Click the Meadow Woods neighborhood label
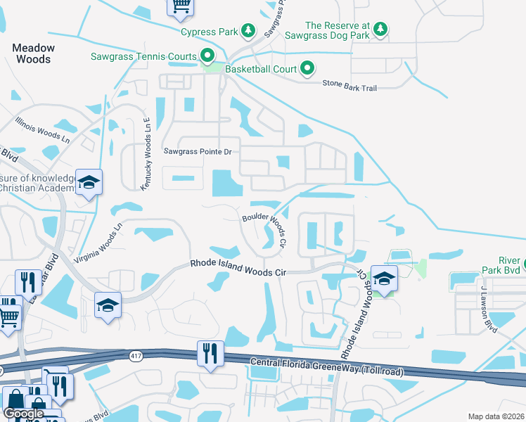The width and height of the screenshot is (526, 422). click(x=34, y=53)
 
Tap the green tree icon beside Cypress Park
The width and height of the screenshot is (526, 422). click(x=247, y=30)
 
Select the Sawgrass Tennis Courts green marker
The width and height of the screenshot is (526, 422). click(x=207, y=55)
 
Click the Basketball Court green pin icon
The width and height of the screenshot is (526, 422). click(x=307, y=68)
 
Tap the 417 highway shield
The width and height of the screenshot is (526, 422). click(x=134, y=357)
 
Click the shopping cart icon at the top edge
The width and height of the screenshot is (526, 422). click(x=180, y=6)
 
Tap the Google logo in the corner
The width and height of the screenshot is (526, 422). click(x=24, y=414)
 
